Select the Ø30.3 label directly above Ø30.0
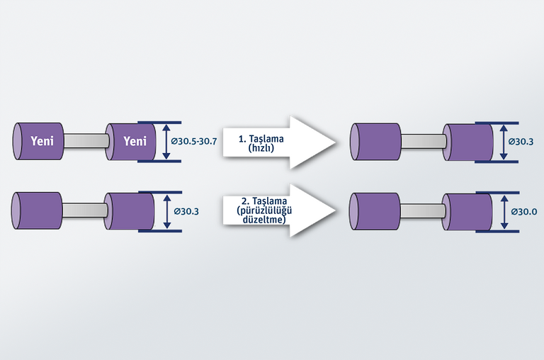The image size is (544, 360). [x=522, y=142]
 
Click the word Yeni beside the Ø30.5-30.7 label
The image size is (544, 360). [x=135, y=141]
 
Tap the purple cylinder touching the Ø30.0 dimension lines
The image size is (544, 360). [x=467, y=211]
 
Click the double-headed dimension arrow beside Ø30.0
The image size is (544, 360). [x=502, y=211]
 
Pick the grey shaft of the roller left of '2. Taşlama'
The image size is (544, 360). [x=84, y=210]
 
